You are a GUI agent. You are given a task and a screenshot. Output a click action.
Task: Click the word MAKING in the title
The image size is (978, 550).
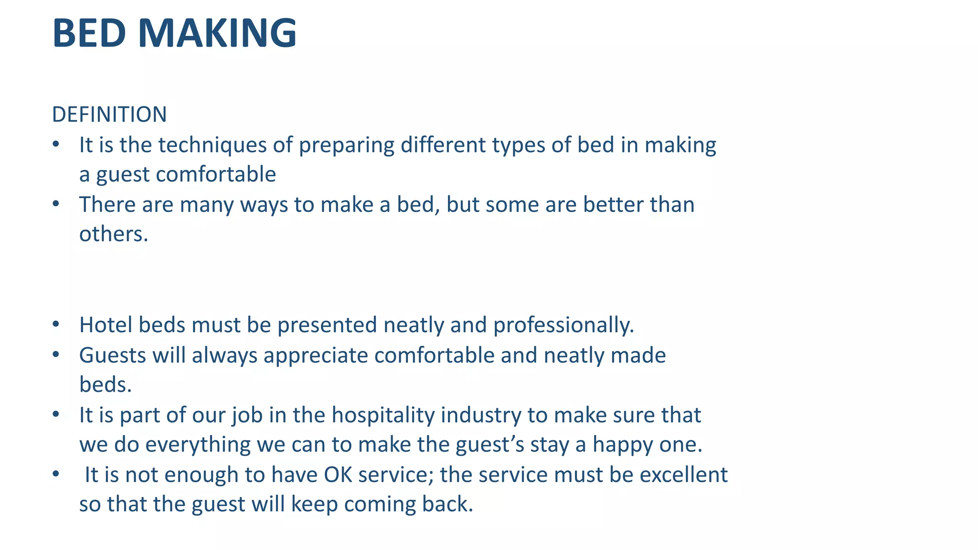tap(217, 33)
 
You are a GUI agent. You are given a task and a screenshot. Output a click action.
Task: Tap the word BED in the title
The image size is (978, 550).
tap(89, 33)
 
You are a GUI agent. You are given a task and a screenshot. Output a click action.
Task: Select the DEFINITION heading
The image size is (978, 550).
tap(109, 115)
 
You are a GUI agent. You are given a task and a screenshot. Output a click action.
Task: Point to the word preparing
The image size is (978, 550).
tap(347, 145)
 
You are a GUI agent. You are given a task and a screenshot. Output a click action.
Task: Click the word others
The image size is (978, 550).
tap(114, 234)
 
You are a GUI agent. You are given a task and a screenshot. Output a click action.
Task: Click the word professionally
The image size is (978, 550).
tap(563, 325)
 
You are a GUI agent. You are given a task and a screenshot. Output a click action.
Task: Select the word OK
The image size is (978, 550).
tap(338, 475)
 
